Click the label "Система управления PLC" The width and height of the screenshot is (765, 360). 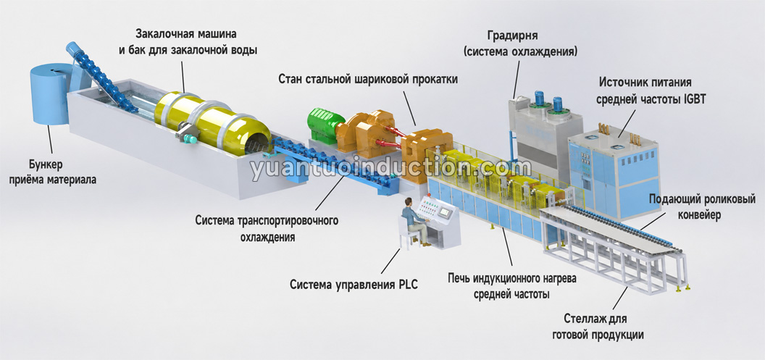tap(354, 285)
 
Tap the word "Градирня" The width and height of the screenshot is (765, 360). tap(512, 36)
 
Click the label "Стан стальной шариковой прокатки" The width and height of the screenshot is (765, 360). tap(368, 79)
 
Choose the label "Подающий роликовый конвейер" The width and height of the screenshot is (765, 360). tap(701, 207)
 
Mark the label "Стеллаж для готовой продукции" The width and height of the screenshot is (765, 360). tap(598, 327)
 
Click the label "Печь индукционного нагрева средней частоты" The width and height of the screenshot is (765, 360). tap(511, 287)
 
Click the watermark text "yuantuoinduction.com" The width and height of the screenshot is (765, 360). tap(390, 167)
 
